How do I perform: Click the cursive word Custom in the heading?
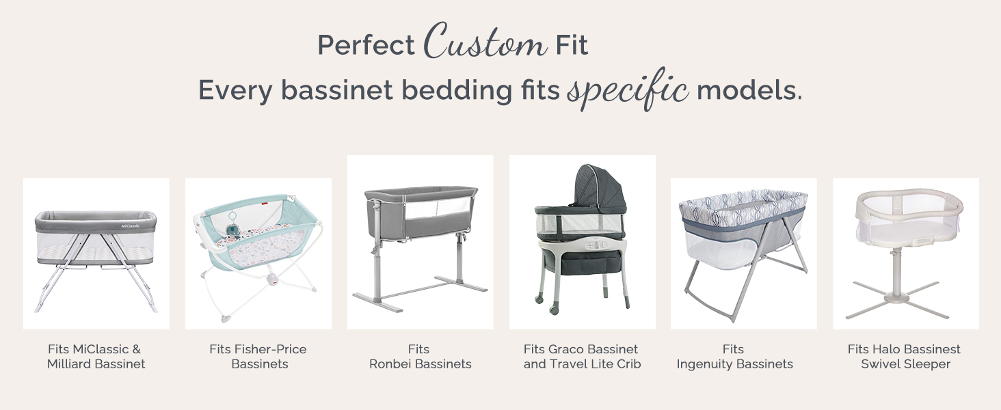(485, 41)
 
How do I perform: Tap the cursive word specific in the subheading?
(628, 90)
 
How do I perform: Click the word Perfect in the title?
(366, 44)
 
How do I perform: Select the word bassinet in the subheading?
(337, 90)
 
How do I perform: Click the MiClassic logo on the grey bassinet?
(131, 225)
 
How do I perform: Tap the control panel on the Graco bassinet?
(595, 245)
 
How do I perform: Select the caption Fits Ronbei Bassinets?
(420, 357)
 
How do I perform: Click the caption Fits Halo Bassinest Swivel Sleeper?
(905, 357)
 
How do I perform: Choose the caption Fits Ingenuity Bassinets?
(734, 357)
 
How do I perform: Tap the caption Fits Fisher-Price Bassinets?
(258, 357)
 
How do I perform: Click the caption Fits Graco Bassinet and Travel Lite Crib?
(582, 357)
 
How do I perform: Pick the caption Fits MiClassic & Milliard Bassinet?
(96, 357)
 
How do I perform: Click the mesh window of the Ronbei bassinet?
(438, 208)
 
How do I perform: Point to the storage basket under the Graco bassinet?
(581, 262)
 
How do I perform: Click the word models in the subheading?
(749, 90)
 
